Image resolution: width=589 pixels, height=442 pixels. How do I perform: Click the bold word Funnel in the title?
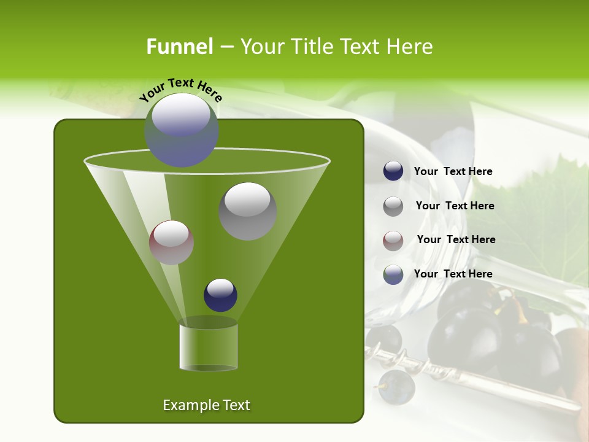179,47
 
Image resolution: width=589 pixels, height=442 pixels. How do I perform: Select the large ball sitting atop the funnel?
181,130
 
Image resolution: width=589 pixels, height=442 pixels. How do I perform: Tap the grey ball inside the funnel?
247,211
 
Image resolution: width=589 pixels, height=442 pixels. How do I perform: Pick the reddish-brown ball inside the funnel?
171,242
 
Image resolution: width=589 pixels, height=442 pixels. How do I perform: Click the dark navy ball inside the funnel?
220,295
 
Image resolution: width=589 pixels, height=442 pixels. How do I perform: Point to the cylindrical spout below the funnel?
209,347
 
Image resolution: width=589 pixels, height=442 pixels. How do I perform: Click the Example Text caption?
206,405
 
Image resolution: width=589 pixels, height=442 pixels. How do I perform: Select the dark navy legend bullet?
393,171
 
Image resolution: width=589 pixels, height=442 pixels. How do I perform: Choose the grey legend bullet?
393,206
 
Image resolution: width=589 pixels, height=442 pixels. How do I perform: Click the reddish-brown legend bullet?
393,241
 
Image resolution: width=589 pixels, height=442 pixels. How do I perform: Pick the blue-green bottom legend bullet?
393,274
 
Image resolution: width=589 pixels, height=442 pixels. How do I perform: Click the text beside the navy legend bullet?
453,171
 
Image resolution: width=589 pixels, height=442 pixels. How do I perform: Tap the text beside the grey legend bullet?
455,206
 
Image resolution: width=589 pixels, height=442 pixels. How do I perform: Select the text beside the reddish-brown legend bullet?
456,239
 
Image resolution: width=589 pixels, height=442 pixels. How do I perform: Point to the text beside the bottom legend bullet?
453,274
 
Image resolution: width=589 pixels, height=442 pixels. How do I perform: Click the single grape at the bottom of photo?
396,387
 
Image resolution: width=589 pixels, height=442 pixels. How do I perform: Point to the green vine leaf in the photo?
528,209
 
